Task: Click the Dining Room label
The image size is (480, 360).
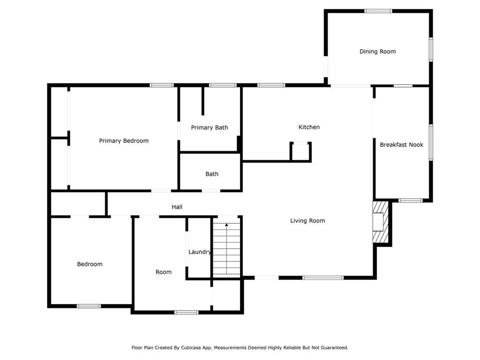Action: (x=377, y=52)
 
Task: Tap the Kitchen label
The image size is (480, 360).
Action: (x=309, y=127)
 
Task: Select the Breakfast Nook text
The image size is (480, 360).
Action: (x=401, y=144)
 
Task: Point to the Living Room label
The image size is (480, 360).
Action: (x=307, y=221)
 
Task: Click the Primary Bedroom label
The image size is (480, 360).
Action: (x=124, y=141)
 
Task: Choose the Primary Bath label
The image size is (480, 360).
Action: (x=210, y=127)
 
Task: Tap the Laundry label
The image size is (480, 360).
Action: (x=200, y=252)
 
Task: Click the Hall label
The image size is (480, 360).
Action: (x=177, y=207)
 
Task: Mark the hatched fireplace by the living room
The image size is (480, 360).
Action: (x=381, y=222)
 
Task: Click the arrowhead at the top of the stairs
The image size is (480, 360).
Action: (x=226, y=225)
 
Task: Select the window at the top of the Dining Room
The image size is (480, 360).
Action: (x=378, y=11)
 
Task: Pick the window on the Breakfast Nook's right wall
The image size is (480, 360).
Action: (x=431, y=142)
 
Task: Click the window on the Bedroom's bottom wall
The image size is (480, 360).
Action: (x=89, y=306)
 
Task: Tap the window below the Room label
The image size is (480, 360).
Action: (x=186, y=312)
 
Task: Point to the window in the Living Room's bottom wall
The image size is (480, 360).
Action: (x=322, y=277)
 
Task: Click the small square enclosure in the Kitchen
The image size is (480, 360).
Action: (x=300, y=151)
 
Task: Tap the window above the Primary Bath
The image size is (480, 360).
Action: (x=223, y=85)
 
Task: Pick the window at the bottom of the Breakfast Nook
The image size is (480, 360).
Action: (x=410, y=201)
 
